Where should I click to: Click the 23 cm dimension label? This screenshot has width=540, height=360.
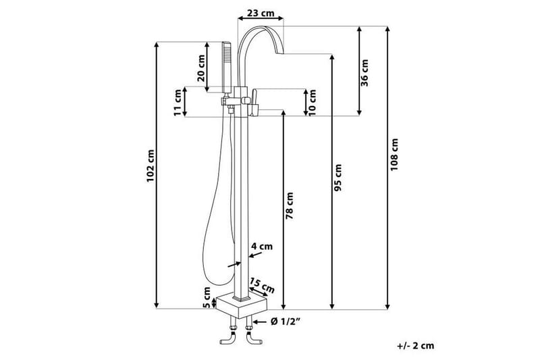point(260,12)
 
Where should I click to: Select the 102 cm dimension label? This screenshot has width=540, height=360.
point(152,164)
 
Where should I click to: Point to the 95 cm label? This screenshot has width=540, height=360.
point(339,177)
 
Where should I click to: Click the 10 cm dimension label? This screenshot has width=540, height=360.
point(313,103)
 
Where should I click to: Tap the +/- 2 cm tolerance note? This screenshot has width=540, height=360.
point(416,345)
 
